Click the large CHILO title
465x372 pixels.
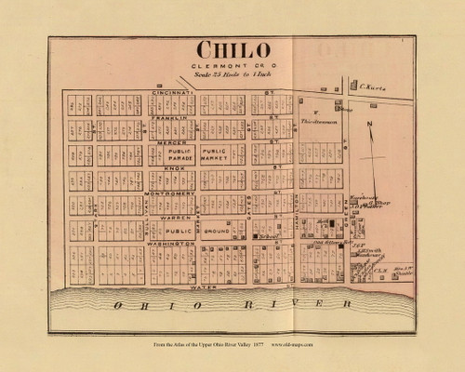[232, 50]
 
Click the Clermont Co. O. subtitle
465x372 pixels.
[232, 66]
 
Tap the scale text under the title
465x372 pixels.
[232, 75]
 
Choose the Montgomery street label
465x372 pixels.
[177, 193]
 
